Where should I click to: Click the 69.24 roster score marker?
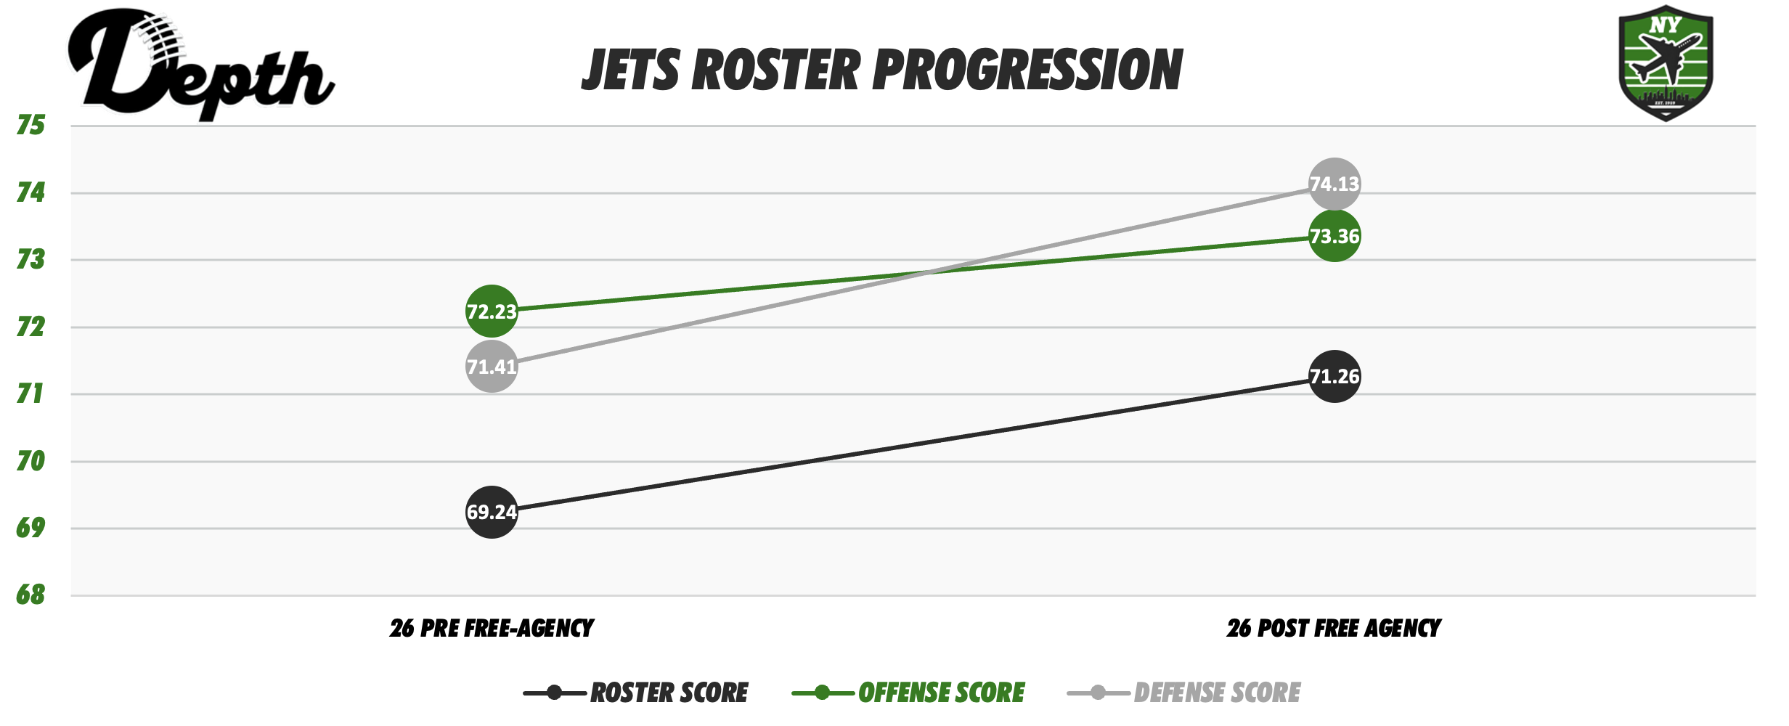[492, 512]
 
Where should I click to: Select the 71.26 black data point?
[1334, 376]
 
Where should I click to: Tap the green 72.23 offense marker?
[492, 311]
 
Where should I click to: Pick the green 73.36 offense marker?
[1334, 236]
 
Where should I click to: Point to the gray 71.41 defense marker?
[492, 367]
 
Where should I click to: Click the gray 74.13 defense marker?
[1334, 184]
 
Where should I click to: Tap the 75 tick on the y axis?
[30, 126]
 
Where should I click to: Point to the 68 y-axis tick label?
[30, 595]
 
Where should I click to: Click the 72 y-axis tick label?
[30, 327]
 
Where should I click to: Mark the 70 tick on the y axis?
[30, 461]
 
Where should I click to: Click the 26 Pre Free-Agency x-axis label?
[492, 628]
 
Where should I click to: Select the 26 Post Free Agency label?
[1334, 628]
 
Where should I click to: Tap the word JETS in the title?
[630, 70]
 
